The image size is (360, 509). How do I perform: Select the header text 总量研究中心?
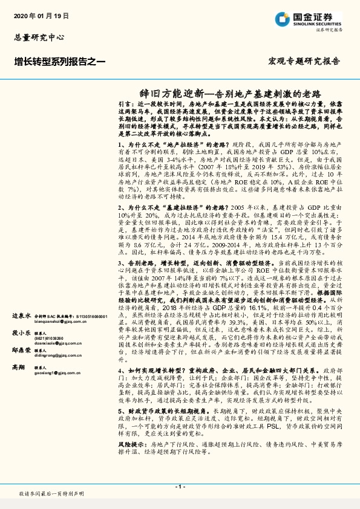(x=39, y=37)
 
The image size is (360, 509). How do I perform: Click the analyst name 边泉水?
(x=21, y=316)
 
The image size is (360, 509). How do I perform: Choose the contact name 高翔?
(x=18, y=366)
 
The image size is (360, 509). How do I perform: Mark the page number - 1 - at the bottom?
(x=179, y=487)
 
